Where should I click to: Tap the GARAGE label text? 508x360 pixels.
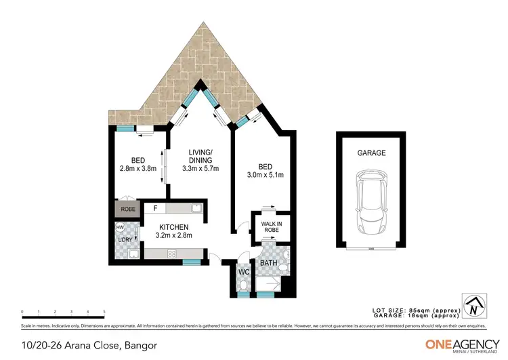coord(371,153)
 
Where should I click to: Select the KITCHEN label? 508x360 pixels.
coord(173,227)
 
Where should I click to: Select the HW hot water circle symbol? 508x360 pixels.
coord(120,228)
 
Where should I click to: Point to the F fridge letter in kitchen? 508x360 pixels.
coord(155,209)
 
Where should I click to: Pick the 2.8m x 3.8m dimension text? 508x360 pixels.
coord(138,169)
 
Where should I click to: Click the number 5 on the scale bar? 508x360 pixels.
coord(104,312)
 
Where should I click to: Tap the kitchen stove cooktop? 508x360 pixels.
coord(172,253)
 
